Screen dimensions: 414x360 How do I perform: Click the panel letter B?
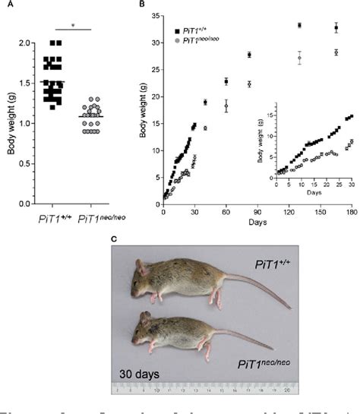coord(142,7)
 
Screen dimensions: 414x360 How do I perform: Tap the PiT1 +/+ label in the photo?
coord(289,262)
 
